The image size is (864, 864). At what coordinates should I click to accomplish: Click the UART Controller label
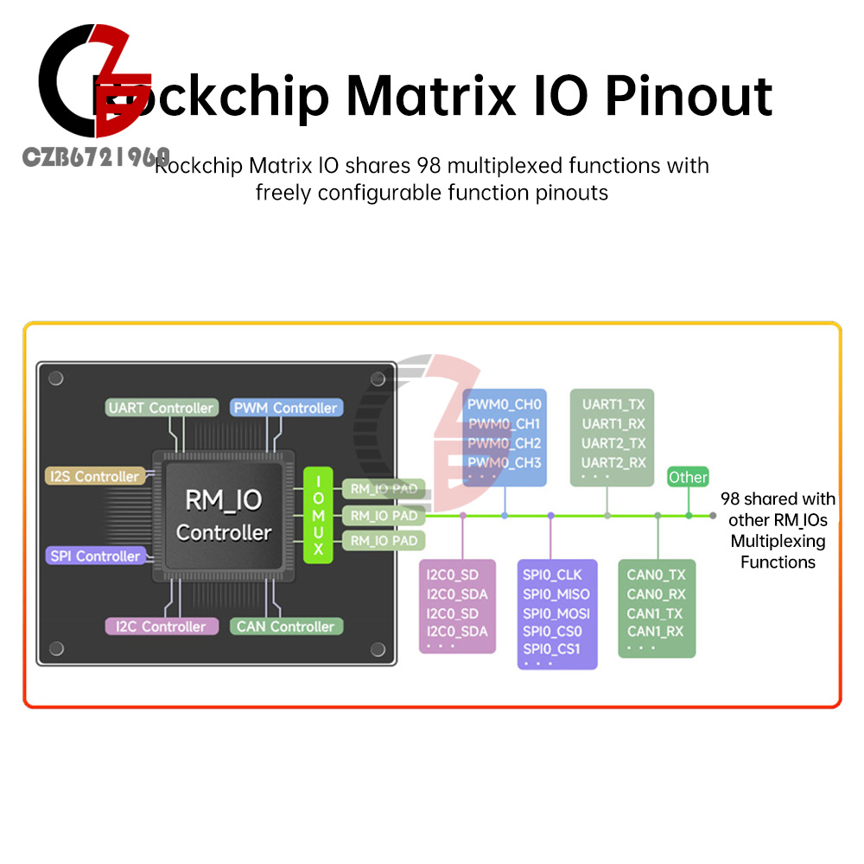pos(161,408)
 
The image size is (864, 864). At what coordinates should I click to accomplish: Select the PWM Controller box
pos(287,408)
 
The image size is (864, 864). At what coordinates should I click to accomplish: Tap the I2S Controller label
pos(94,476)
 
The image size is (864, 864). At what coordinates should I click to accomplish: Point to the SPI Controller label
pos(94,556)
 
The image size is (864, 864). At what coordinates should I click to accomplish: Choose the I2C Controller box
pos(156,626)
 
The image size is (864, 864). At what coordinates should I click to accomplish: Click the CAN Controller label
pos(286,626)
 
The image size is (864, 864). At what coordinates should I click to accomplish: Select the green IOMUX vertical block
pos(318,514)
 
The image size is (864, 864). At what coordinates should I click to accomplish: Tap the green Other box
pos(688,477)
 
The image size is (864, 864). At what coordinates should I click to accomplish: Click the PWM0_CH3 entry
pos(505,463)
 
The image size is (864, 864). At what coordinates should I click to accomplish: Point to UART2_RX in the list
pos(613,463)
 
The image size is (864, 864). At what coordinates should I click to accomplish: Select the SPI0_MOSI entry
pos(556,613)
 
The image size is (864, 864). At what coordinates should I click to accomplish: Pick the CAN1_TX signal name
pos(655,613)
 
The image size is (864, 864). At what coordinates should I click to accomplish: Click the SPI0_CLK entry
pos(552,575)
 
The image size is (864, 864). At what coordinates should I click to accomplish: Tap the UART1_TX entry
pos(613,404)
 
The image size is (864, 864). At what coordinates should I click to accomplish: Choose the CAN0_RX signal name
pos(656,594)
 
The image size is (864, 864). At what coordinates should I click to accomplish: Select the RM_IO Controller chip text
pos(224,516)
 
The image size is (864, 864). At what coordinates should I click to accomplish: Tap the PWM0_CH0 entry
pos(505,404)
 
